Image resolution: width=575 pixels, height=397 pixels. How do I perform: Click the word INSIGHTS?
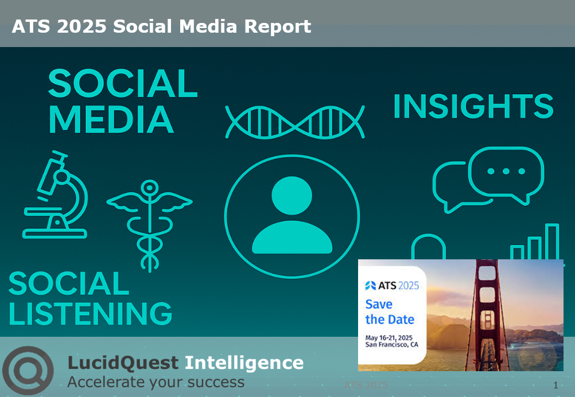(x=473, y=107)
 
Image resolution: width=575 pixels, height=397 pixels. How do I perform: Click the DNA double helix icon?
(x=295, y=122)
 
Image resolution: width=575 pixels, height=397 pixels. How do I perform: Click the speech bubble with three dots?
(x=506, y=172)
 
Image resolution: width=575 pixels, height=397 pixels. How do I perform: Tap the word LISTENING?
(x=91, y=313)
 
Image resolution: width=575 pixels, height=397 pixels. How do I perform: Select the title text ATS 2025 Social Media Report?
(x=161, y=26)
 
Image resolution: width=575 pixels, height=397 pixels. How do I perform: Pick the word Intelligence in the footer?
(x=244, y=363)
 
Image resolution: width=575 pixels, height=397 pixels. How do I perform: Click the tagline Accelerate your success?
(x=156, y=382)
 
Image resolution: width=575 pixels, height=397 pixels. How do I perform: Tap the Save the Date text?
(x=390, y=312)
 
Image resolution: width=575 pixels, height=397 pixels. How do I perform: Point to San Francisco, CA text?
(x=391, y=345)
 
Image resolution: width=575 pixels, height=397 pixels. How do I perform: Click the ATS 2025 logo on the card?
(x=392, y=285)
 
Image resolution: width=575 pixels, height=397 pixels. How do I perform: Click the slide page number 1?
(x=555, y=386)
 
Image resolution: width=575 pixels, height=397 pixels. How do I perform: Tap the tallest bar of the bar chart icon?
(x=551, y=242)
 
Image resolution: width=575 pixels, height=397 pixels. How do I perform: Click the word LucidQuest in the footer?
(x=123, y=363)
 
